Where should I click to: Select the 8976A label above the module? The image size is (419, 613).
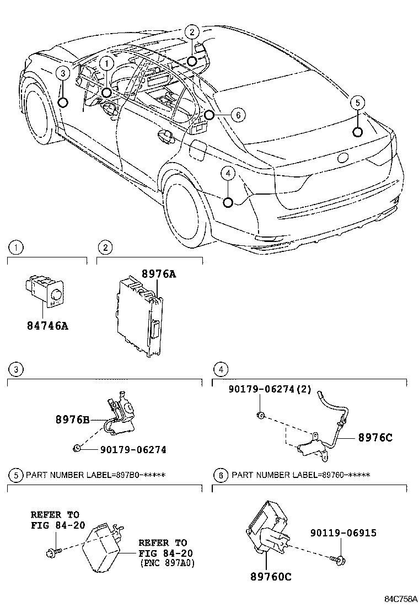[x=159, y=273]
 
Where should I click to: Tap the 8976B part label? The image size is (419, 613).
[x=72, y=418]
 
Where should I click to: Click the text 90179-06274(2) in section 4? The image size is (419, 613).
[x=270, y=390]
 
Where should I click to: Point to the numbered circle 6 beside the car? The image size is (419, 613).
[x=236, y=115]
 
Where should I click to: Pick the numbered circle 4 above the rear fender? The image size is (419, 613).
[x=228, y=174]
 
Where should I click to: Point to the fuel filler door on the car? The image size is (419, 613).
[x=198, y=148]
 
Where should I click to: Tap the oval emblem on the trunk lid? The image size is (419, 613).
[x=343, y=157]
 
